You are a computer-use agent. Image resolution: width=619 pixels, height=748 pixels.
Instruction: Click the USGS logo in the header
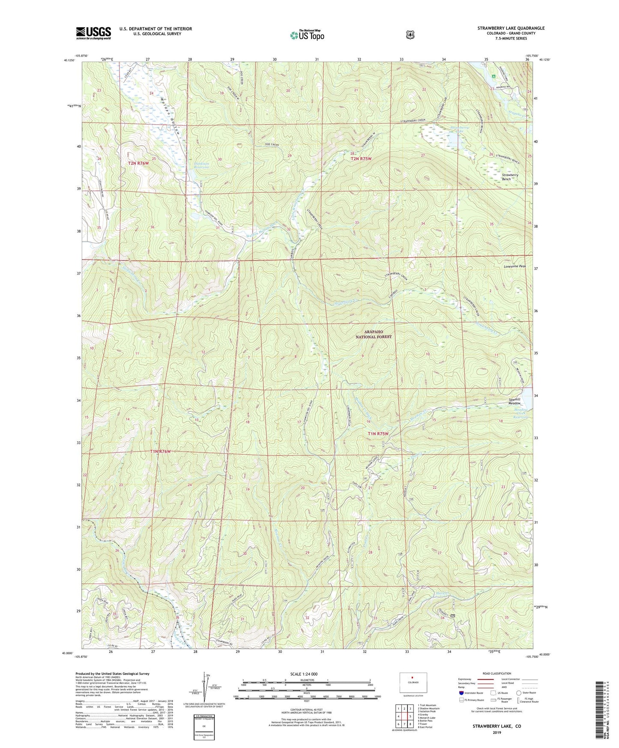pos(93,33)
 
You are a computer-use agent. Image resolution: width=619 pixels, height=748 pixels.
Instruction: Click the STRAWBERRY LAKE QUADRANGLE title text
pos(511,28)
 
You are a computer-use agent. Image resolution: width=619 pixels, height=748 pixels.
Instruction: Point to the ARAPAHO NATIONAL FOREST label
pos(374,334)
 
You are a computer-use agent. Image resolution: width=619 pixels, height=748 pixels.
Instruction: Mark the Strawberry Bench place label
pos(510,177)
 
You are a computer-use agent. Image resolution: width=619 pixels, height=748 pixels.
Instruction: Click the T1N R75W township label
pos(378,434)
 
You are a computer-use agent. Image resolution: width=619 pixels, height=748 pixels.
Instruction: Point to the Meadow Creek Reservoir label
pos(521,413)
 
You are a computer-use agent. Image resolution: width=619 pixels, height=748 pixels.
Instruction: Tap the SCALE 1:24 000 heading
pos(304,674)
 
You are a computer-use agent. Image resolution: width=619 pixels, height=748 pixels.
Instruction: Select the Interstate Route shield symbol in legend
pos(461,692)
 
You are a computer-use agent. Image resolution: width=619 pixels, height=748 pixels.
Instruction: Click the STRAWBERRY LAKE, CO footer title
pos(496,727)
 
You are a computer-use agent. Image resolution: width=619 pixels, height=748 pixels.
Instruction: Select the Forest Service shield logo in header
pos(410,34)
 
